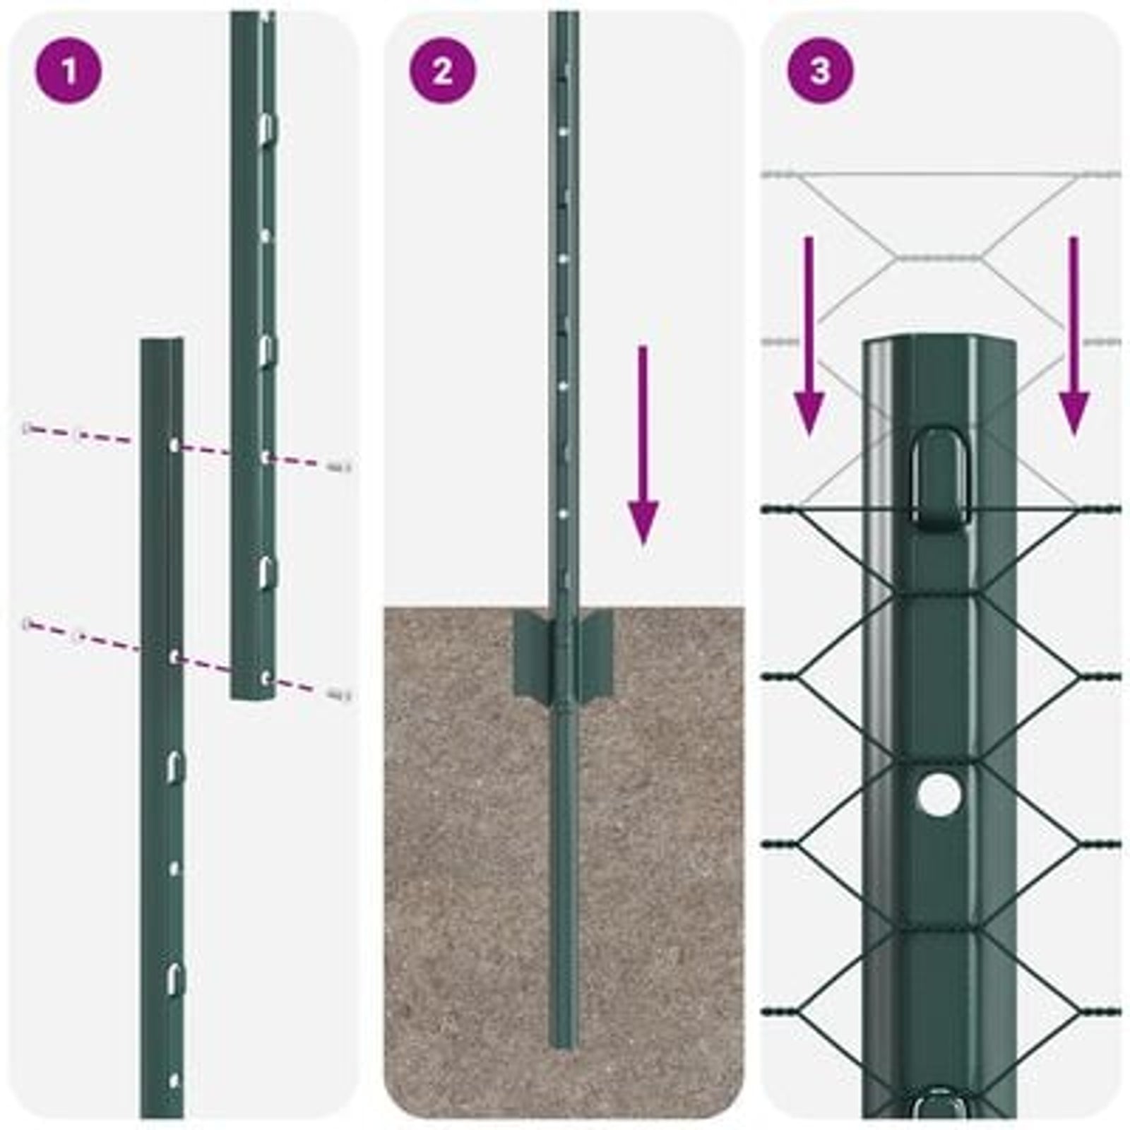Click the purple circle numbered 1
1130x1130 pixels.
69,71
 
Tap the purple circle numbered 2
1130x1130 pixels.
442,71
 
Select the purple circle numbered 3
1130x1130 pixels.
819,71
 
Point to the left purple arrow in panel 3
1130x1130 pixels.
809,339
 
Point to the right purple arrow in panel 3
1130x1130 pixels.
1073,339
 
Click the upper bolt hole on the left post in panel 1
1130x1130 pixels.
174,446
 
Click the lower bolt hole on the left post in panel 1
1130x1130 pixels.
174,657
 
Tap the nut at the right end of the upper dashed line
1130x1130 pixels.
340,466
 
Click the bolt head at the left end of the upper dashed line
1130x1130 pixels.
28,428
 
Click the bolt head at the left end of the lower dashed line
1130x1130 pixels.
28,624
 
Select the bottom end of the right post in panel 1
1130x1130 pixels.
252,696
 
